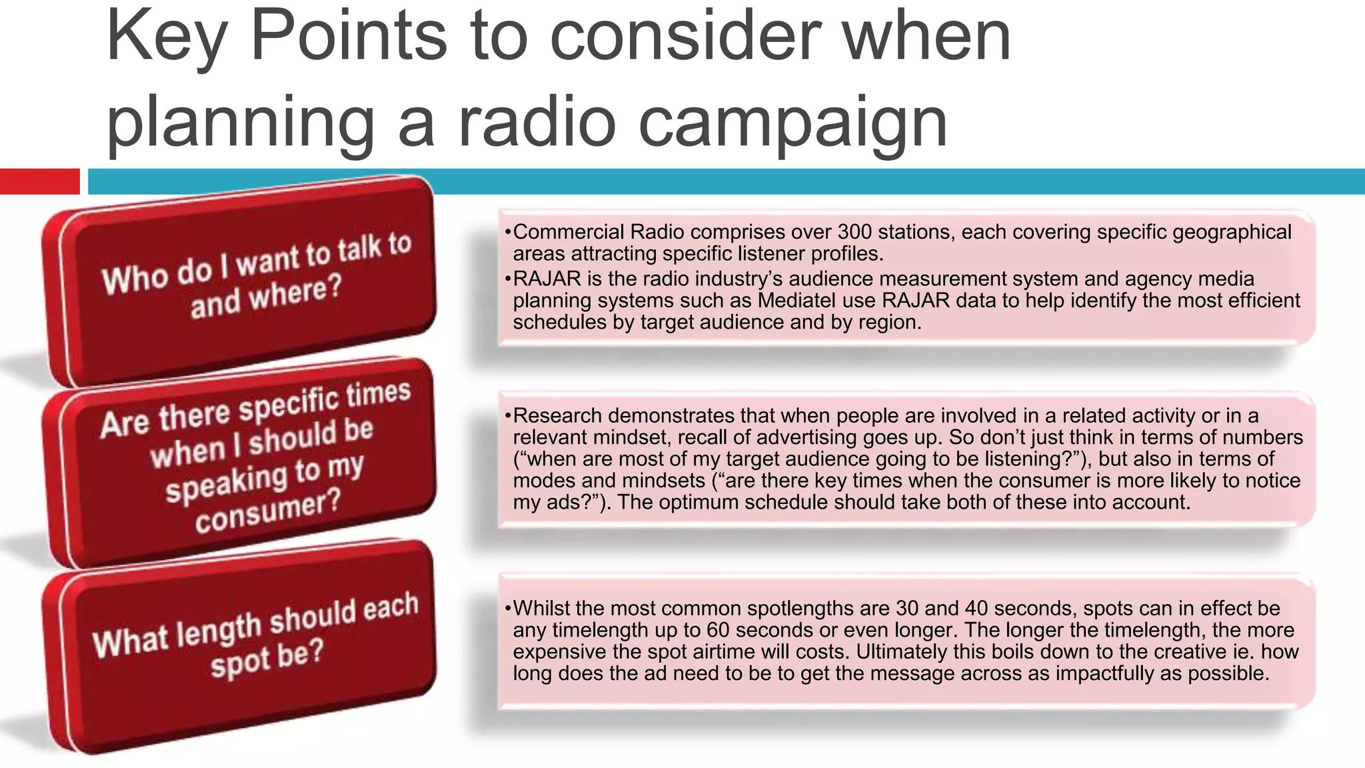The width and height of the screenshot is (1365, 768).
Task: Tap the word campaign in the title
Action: point(793,123)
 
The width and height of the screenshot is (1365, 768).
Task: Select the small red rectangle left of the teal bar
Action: point(39,181)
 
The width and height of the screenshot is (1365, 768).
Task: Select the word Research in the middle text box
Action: point(557,416)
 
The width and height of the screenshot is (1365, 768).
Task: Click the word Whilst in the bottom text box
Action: point(541,609)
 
